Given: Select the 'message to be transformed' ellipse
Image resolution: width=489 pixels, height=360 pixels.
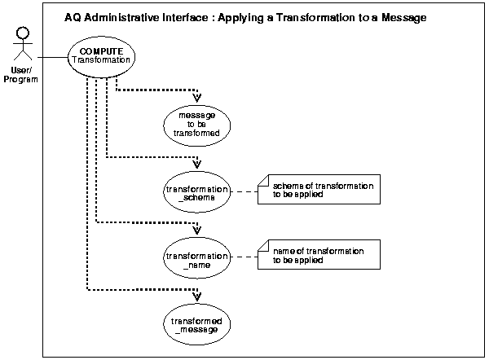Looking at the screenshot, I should pyautogui.click(x=197, y=127).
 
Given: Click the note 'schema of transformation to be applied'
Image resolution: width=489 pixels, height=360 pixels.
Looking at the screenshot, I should pyautogui.click(x=317, y=191).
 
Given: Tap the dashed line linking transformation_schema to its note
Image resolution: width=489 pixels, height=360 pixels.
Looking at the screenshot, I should pyautogui.click(x=243, y=191).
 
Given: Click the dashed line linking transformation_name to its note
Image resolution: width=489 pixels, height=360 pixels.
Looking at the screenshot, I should pyautogui.click(x=243, y=257).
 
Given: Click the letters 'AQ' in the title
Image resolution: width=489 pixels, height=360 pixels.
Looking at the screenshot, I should pyautogui.click(x=73, y=17).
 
